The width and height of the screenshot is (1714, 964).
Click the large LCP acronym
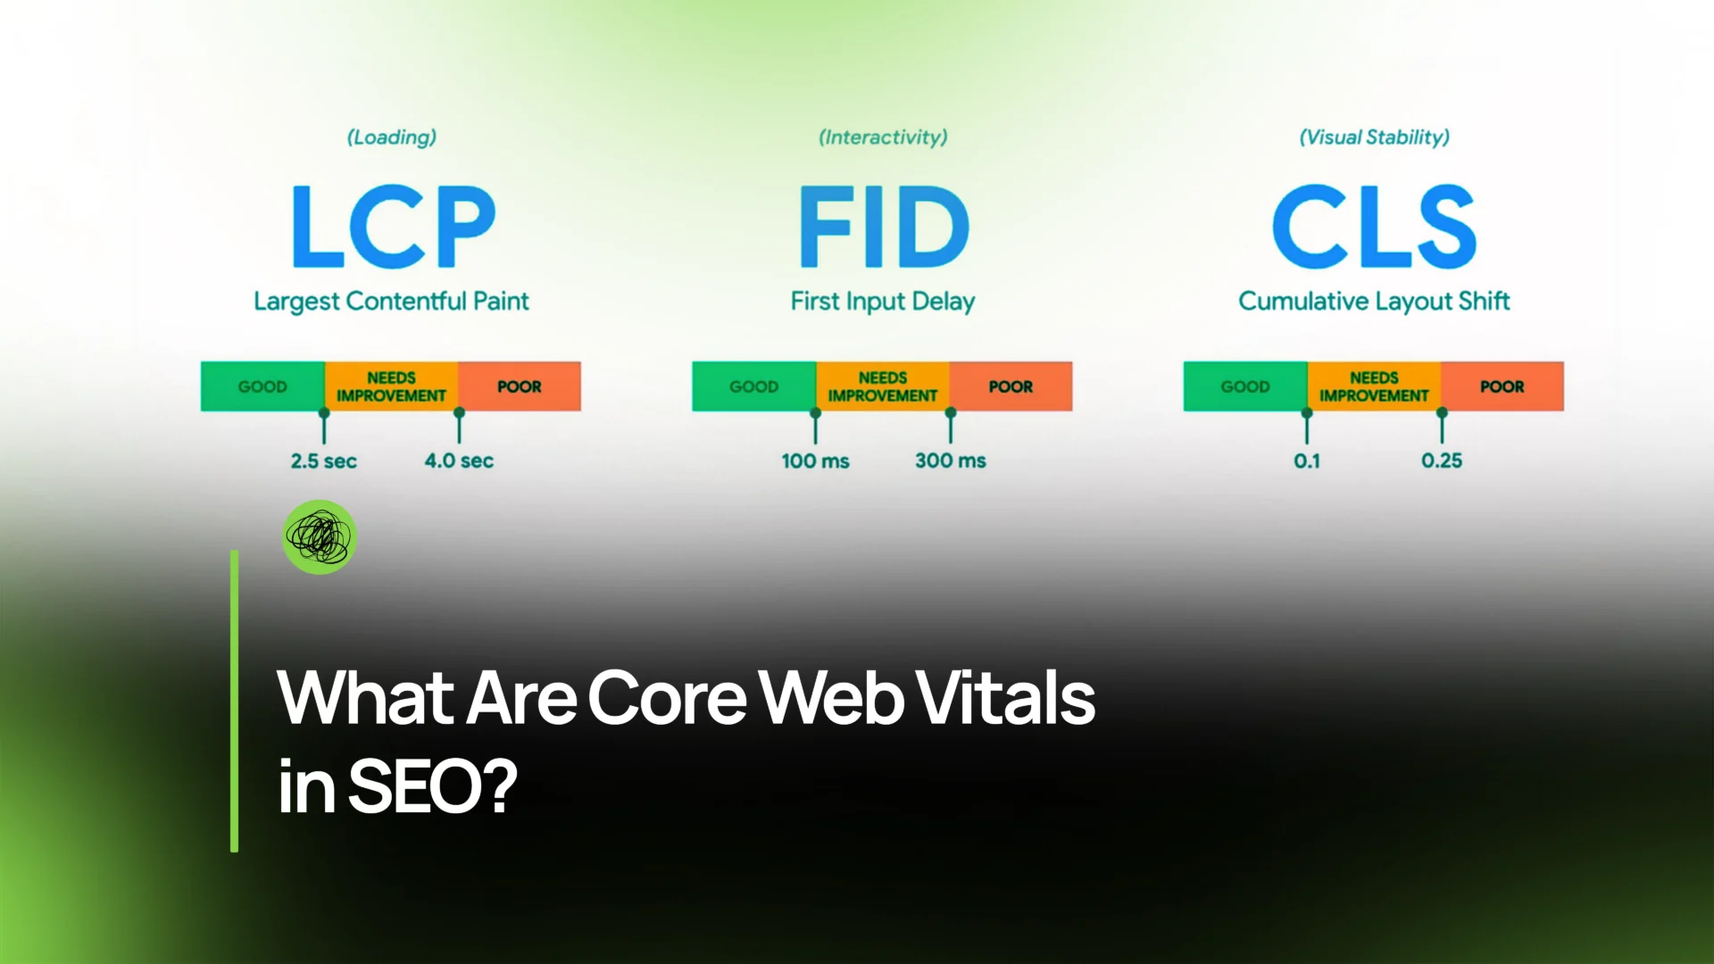[393, 227]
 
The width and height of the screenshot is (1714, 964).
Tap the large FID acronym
[884, 227]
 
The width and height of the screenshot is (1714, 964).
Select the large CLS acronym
[1374, 227]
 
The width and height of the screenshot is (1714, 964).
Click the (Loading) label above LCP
[392, 137]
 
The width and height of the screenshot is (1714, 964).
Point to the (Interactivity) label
[883, 137]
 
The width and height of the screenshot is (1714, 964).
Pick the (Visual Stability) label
[1374, 137]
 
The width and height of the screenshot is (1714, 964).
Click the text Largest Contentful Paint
[391, 302]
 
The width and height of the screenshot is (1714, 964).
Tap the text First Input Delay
[883, 302]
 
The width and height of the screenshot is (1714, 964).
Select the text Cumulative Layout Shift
[1374, 302]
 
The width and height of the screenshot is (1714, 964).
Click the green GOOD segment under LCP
[262, 386]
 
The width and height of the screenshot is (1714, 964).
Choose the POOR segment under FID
[1011, 386]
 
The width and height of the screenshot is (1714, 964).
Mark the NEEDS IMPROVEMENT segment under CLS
[1374, 386]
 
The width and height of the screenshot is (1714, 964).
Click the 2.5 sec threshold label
[323, 461]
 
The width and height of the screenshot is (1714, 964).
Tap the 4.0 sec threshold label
[459, 461]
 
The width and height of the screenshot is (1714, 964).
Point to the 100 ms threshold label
[815, 461]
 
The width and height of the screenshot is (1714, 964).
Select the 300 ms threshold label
[951, 461]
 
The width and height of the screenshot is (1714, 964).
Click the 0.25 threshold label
[1442, 461]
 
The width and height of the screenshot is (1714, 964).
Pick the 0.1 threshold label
[1307, 461]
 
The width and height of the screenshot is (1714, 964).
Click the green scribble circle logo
[320, 536]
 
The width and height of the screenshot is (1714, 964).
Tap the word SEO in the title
[433, 786]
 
